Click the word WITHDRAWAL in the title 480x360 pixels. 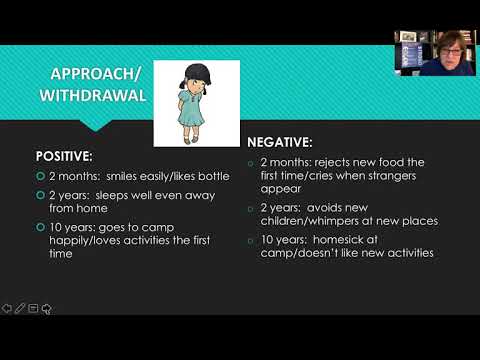[92, 97]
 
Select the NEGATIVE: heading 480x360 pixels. [287, 143]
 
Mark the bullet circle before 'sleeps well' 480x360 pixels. [40, 198]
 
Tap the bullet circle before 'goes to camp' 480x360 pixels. [40, 227]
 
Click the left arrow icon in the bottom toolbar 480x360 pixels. [8, 307]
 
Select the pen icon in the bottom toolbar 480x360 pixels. [20, 307]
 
